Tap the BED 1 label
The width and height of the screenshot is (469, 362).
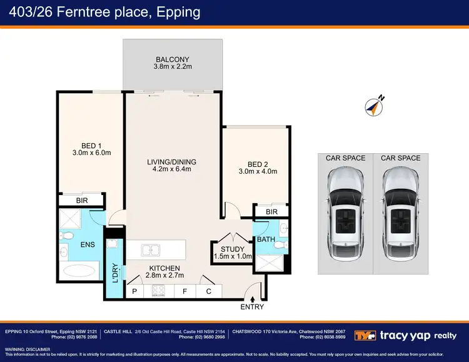coord(91,144)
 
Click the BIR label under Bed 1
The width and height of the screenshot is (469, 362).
coord(82,201)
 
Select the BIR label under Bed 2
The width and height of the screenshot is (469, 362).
coord(271,213)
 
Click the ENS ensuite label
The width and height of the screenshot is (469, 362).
coord(88,244)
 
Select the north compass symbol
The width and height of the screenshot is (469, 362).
coord(373,107)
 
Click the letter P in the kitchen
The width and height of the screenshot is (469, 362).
coord(134,291)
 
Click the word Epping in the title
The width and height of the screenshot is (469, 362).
coord(177,12)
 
